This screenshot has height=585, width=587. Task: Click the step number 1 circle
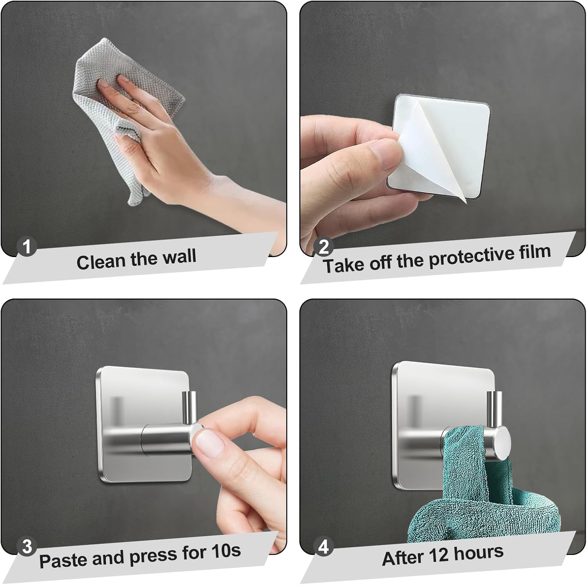tap(27, 247)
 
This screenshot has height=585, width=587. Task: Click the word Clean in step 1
tap(101, 261)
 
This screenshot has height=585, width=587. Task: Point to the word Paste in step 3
tap(63, 560)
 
